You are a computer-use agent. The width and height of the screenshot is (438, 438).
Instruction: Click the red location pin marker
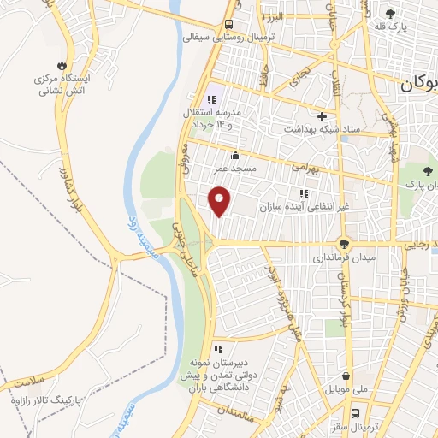pos(220,201)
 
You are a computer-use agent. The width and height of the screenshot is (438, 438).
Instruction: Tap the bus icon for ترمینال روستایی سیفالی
pos(229,24)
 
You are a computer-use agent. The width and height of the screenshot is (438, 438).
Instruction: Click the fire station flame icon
pos(61,65)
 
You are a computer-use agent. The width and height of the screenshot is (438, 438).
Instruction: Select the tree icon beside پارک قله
pos(391,15)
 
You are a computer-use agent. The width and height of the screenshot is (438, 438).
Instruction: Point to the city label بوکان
pos(417,84)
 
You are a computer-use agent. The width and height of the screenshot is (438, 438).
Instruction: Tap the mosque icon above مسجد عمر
pos(235,155)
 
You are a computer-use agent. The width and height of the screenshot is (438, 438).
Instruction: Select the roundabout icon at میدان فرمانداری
pos(343,243)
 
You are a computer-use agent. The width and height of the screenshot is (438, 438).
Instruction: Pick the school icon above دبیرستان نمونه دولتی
pos(218,349)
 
